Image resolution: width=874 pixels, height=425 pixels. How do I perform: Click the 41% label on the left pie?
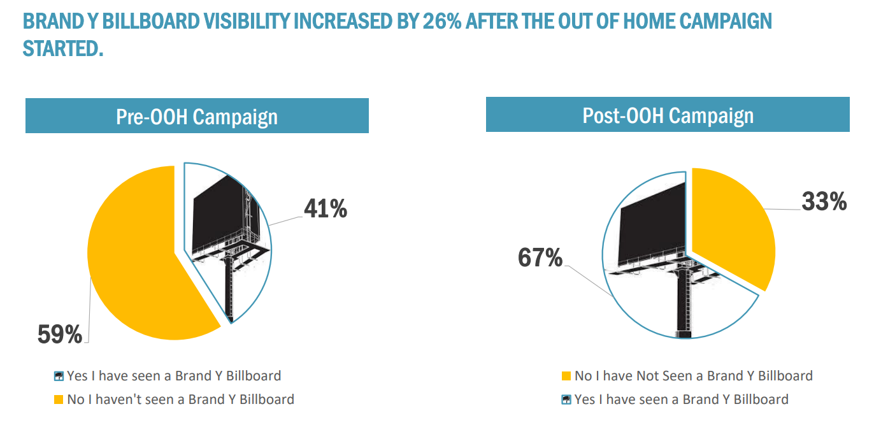click(325, 208)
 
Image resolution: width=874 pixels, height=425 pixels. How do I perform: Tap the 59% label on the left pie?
click(60, 334)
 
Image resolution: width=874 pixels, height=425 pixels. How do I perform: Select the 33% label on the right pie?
click(824, 201)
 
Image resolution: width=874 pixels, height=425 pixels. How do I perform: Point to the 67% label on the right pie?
click(540, 258)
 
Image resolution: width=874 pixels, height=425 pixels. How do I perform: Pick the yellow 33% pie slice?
click(733, 223)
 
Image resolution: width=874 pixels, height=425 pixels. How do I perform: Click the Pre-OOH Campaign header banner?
click(197, 117)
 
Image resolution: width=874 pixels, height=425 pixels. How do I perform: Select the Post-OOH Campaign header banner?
click(668, 115)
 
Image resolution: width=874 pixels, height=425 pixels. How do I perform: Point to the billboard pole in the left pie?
click(229, 287)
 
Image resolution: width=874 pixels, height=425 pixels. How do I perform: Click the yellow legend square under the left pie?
click(59, 400)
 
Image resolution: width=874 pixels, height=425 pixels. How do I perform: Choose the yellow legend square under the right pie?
click(566, 376)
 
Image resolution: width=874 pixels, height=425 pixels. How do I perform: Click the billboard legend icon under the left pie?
click(59, 376)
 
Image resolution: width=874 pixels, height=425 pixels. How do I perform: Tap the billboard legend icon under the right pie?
click(566, 400)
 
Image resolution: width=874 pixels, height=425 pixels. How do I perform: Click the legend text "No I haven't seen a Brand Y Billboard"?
click(180, 400)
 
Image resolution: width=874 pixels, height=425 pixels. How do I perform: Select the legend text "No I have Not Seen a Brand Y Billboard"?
click(693, 376)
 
